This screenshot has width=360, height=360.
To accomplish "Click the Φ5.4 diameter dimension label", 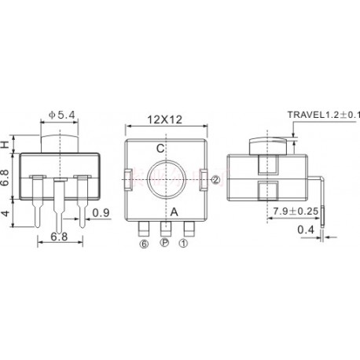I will pyautogui.click(x=62, y=116).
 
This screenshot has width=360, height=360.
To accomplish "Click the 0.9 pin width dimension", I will pyautogui.click(x=100, y=213).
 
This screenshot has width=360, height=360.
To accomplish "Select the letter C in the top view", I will pyautogui.click(x=160, y=148).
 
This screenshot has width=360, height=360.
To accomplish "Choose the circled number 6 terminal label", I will pyautogui.click(x=144, y=244).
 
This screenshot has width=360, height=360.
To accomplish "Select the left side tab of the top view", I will pyautogui.click(x=127, y=179).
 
